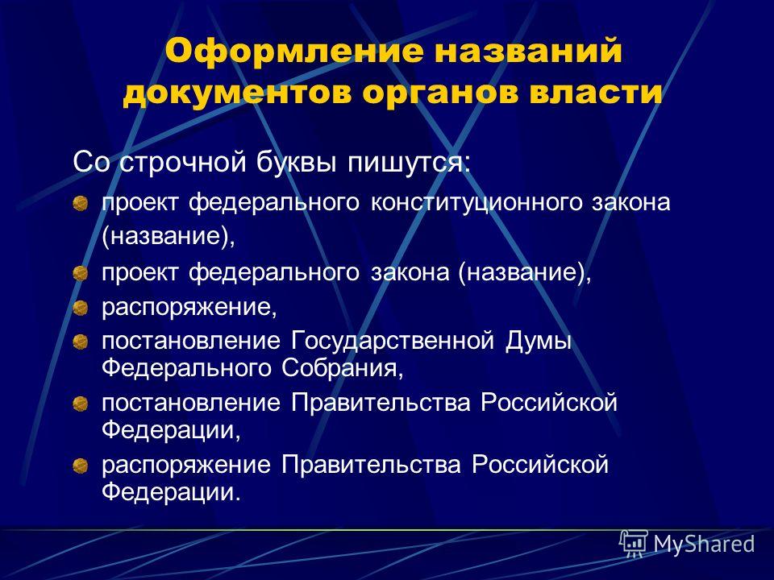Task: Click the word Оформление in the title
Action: tap(294, 52)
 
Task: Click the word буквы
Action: tap(296, 162)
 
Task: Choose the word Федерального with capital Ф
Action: tap(186, 368)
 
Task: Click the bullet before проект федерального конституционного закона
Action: tap(80, 204)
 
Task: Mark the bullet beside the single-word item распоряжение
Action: tap(80, 309)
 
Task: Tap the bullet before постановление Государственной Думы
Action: tap(80, 342)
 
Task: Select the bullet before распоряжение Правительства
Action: tap(80, 465)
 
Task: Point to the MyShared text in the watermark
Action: tap(705, 544)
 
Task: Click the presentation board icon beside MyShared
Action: tap(634, 544)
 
